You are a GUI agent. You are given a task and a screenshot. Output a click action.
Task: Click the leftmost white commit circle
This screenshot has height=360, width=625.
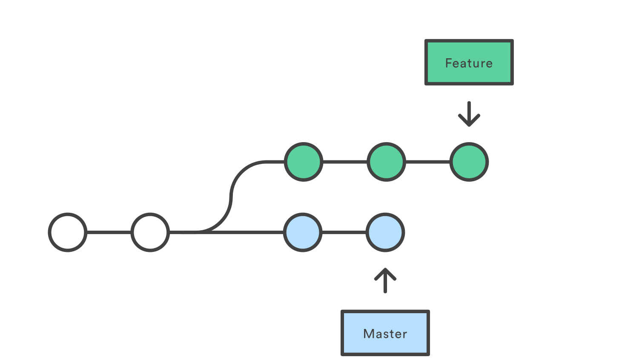click(68, 232)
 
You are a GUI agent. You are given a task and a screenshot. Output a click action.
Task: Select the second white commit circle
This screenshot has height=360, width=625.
click(150, 232)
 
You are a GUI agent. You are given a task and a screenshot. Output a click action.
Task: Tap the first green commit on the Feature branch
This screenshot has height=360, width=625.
click(304, 162)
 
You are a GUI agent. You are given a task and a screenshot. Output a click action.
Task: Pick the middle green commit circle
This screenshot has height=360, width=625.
click(386, 162)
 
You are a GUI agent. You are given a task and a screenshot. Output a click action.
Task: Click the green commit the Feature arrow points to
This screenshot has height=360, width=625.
click(469, 162)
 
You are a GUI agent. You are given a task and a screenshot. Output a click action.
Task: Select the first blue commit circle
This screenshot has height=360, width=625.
click(303, 232)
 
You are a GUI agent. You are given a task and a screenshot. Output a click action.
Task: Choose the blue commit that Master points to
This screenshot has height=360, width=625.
click(385, 232)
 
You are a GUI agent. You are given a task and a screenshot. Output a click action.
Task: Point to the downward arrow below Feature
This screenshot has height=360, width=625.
click(469, 114)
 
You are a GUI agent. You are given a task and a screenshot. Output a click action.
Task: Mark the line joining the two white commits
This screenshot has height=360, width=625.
click(109, 232)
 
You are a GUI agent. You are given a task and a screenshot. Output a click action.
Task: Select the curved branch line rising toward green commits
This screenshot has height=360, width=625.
click(231, 196)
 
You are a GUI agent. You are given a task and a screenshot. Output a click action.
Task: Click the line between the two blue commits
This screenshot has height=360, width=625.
click(344, 232)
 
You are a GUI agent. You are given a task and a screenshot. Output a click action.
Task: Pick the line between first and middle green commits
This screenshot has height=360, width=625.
click(345, 162)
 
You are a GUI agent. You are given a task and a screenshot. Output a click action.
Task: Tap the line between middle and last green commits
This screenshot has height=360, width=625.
click(427, 162)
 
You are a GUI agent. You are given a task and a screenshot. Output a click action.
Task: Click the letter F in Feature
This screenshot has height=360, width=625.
click(448, 63)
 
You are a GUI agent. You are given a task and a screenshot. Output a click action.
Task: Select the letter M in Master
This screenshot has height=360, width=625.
click(368, 334)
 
